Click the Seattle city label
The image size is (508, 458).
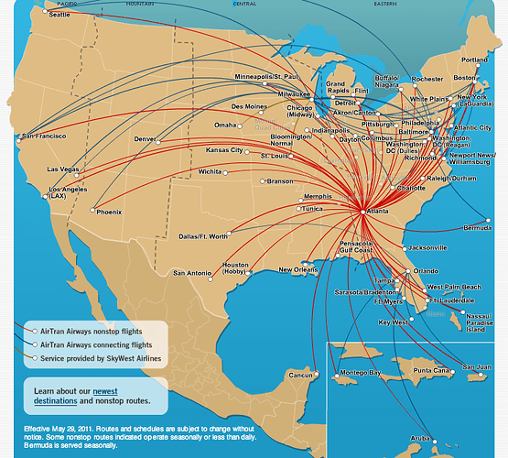pyautogui.click(x=34, y=14)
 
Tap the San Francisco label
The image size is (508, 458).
pyautogui.click(x=46, y=136)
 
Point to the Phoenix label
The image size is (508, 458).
pyautogui.click(x=109, y=213)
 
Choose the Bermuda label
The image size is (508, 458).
pyautogui.click(x=477, y=228)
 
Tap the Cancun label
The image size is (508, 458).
pyautogui.click(x=301, y=375)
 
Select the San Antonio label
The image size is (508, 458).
pyautogui.click(x=192, y=272)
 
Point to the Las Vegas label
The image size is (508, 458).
pyautogui.click(x=63, y=169)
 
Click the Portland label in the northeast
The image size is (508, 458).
pyautogui.click(x=475, y=60)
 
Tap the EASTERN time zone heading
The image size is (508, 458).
pyautogui.click(x=385, y=4)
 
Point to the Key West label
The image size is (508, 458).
pyautogui.click(x=393, y=322)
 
